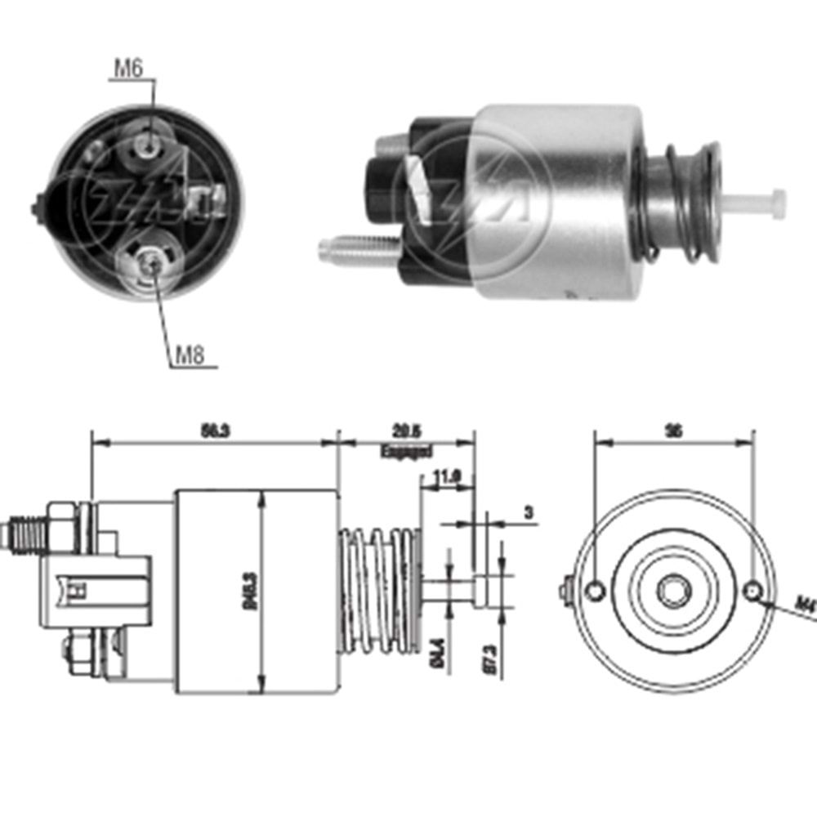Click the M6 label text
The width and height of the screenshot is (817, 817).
127,69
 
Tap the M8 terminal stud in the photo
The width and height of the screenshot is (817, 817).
150,262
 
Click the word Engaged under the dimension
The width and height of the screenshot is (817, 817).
406,451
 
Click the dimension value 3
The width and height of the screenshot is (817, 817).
528,512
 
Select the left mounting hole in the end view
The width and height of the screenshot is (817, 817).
597,590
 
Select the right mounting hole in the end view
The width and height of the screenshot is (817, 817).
753,591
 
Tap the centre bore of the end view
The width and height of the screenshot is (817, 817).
674,591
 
